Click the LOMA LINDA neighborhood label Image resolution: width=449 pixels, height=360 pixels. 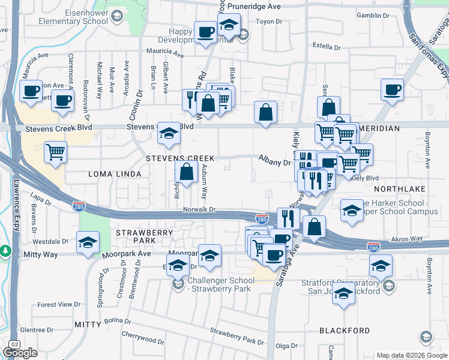coord(115,174)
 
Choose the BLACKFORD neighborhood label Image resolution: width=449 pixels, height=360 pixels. coord(345,331)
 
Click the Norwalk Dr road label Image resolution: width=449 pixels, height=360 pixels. coord(199,209)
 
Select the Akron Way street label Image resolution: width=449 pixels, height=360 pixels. coord(404,238)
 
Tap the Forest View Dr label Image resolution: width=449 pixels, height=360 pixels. coord(58,304)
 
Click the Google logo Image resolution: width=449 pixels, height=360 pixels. coord(20,353)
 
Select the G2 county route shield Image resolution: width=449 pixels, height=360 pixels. coord(13,344)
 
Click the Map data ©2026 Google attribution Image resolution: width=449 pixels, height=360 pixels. coord(412,355)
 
